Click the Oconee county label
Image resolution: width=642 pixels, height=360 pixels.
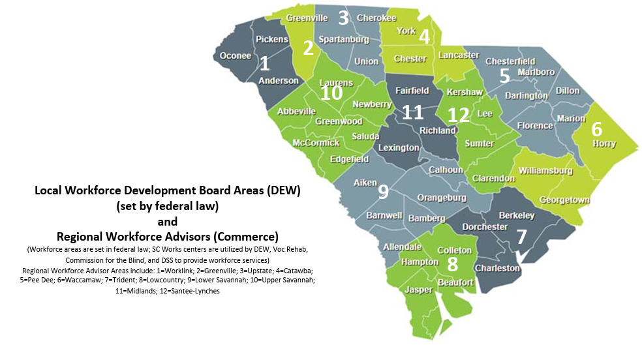click(x=236, y=55)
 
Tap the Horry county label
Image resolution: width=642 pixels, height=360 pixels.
click(x=604, y=143)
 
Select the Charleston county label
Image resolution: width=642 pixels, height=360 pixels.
click(x=497, y=268)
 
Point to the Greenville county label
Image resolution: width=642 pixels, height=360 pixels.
click(x=307, y=18)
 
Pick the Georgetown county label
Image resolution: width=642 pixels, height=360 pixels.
click(x=564, y=200)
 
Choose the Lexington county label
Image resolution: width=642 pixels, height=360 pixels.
click(x=399, y=147)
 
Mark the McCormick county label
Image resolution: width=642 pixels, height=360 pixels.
click(x=316, y=142)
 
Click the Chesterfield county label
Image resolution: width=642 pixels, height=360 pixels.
click(x=510, y=61)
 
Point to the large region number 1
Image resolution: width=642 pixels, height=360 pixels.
click(x=264, y=63)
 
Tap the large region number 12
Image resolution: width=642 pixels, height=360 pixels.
click(x=459, y=115)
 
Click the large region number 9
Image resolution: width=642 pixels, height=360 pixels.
click(x=383, y=191)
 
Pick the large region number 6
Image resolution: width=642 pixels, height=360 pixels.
click(x=596, y=128)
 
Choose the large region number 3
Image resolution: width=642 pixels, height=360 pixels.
click(x=343, y=18)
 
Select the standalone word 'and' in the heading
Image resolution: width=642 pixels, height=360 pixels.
click(x=168, y=221)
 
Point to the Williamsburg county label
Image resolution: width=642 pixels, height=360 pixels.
click(x=545, y=171)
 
